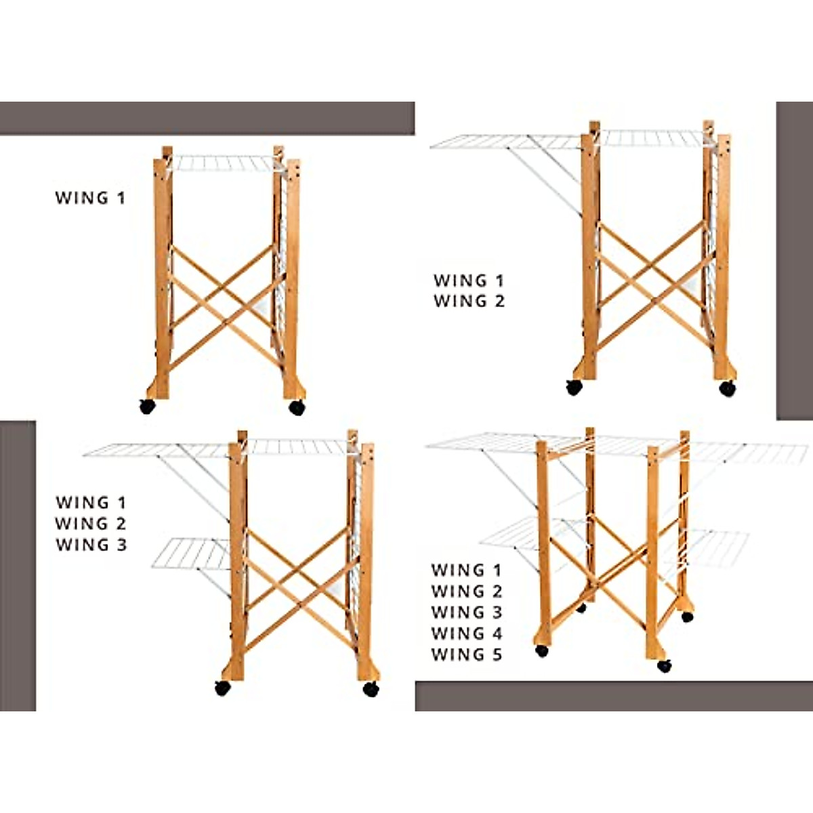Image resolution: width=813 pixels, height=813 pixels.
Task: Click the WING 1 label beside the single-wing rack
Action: click(90, 198)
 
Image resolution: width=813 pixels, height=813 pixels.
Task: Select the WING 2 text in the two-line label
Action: click(470, 301)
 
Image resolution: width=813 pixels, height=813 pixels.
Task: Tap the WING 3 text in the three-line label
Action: click(91, 545)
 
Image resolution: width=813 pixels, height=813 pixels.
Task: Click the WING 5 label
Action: click(467, 654)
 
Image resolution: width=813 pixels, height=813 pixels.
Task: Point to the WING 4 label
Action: click(467, 633)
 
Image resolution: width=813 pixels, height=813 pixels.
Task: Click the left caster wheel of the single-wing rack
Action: click(148, 406)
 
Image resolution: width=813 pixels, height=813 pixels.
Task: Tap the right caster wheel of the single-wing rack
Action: click(297, 406)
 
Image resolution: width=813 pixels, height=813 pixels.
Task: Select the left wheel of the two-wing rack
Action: click(575, 387)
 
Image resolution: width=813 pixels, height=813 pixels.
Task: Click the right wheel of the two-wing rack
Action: click(728, 388)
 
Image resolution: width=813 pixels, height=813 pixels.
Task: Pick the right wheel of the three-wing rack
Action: click(371, 688)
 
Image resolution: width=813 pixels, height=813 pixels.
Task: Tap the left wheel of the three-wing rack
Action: click(223, 688)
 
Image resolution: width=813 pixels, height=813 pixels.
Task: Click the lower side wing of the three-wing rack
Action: click(191, 553)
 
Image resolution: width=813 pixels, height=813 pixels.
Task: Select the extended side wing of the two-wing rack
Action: click(505, 142)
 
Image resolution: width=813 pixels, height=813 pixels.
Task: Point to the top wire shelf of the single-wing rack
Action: click(224, 163)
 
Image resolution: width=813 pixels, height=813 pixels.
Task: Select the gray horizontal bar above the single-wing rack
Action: click(207, 119)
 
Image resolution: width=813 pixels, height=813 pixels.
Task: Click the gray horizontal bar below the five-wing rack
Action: click(613, 696)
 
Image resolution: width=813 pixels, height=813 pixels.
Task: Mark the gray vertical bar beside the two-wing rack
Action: click(794, 261)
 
